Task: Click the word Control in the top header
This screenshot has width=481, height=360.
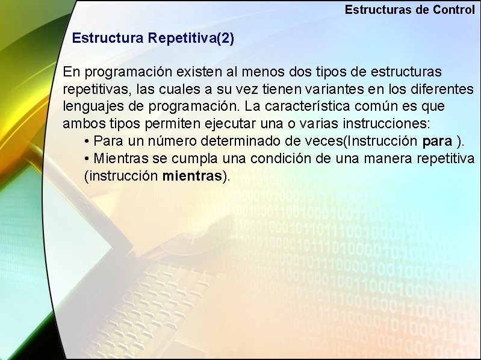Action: pyautogui.click(x=453, y=10)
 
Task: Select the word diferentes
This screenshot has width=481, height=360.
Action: pyautogui.click(x=441, y=90)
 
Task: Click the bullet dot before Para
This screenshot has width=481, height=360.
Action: pyautogui.click(x=88, y=142)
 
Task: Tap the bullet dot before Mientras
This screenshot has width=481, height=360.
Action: pyautogui.click(x=88, y=159)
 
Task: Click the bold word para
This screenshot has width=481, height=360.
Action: pyautogui.click(x=438, y=142)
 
